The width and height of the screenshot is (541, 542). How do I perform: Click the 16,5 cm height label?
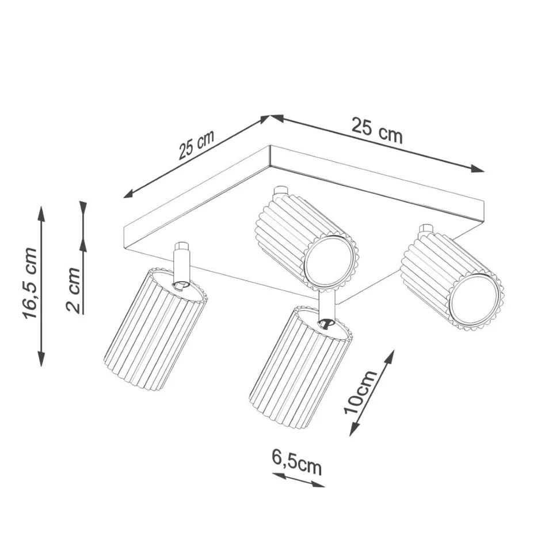pos(30,283)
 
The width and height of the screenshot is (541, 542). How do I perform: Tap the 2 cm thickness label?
pos(74,290)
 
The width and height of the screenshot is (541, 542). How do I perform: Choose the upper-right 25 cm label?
pos(377,131)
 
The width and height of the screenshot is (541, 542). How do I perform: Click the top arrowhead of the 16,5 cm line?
pos(41,214)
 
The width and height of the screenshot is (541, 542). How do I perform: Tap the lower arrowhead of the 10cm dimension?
pos(353,429)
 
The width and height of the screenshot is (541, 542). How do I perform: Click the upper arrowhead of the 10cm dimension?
pos(390,357)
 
